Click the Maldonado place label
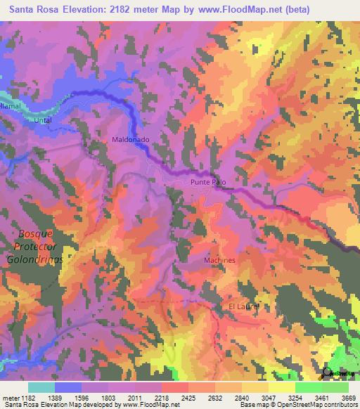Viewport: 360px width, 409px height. [131, 140]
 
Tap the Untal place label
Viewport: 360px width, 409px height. [44, 120]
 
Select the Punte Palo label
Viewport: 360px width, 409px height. [208, 182]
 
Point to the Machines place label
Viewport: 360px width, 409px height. [219, 260]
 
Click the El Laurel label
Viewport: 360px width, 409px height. [244, 307]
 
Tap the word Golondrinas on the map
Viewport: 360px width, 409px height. [34, 259]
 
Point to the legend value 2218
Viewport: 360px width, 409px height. [162, 397]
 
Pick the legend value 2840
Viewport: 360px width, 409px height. [242, 397]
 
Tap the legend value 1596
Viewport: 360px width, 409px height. [82, 397]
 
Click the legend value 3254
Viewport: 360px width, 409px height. [295, 397]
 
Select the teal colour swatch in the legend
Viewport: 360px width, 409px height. [41, 387]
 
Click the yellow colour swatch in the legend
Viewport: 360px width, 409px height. [282, 387]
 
